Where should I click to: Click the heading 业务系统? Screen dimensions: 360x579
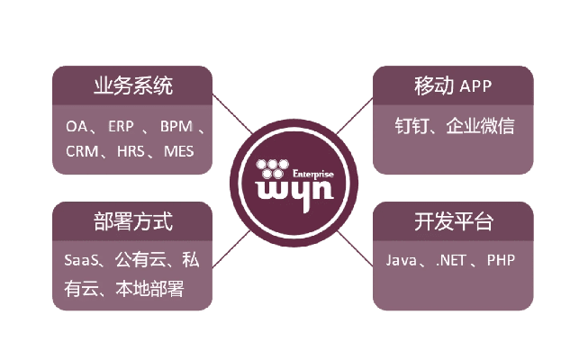(132, 86)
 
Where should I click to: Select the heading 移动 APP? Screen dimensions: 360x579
(453, 86)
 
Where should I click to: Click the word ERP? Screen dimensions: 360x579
(121, 127)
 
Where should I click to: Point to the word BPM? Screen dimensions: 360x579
(176, 127)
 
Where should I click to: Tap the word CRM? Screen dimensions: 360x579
(82, 151)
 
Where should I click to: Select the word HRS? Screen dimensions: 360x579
(131, 151)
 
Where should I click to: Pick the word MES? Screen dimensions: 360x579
(178, 151)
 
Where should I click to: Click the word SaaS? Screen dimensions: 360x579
(82, 261)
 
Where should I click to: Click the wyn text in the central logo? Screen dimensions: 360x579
(288, 191)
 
